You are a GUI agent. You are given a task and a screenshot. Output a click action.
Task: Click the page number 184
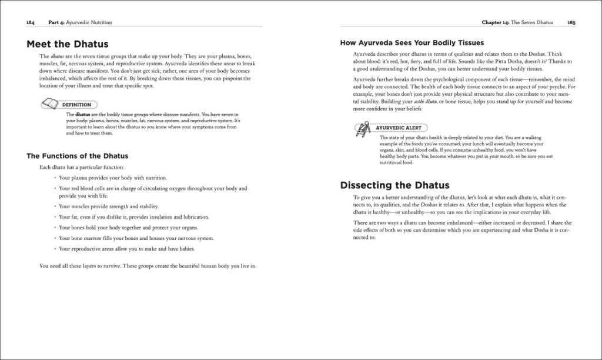[x=31, y=22]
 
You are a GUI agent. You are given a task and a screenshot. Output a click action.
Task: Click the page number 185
[x=571, y=22]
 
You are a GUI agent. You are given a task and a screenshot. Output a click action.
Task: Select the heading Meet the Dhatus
[x=68, y=44]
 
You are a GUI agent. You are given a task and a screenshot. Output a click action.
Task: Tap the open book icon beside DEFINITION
[x=50, y=104]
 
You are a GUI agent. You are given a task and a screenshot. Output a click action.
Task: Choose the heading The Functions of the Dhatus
[x=78, y=156]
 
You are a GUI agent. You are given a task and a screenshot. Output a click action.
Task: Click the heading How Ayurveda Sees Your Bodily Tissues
[x=412, y=43]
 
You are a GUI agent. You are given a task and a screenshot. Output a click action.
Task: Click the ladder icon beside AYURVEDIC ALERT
[x=362, y=129]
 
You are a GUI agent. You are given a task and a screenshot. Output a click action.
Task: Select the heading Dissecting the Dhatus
[x=394, y=185]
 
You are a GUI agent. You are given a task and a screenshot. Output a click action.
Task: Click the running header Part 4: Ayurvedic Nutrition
[x=80, y=22]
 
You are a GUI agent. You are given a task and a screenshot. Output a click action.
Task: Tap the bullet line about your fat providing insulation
[x=138, y=217]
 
